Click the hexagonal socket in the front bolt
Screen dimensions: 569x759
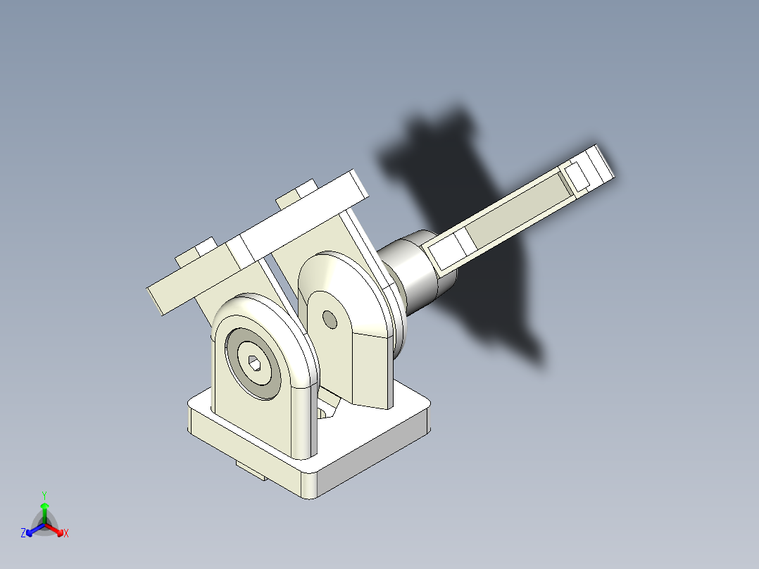click(x=254, y=363)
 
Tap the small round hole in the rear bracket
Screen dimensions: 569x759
click(x=329, y=318)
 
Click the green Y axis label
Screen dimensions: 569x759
click(x=44, y=494)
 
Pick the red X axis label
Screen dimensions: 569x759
click(x=66, y=534)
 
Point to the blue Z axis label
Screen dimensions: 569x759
click(x=23, y=534)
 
